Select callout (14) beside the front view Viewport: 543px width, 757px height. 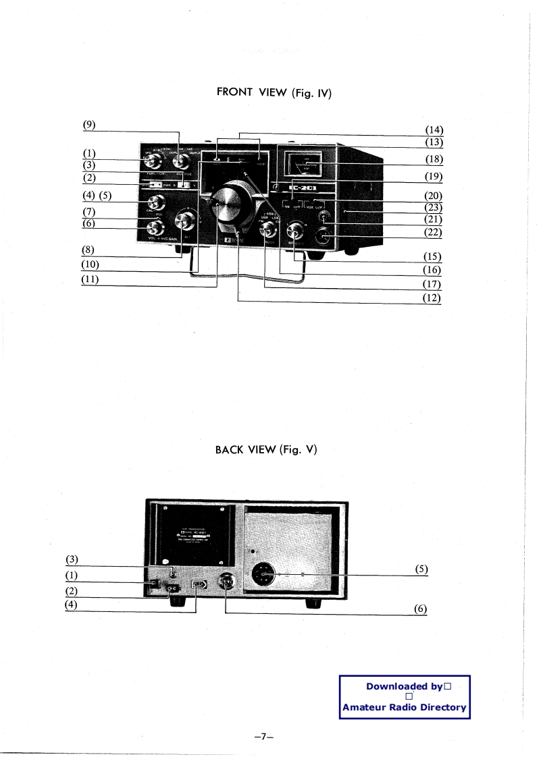click(x=433, y=130)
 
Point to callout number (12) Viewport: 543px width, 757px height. click(x=433, y=297)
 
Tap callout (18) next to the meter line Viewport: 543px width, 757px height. click(x=433, y=159)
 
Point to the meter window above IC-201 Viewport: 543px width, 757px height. click(x=304, y=165)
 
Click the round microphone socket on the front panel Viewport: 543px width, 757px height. click(x=324, y=237)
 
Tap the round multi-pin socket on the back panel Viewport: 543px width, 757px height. click(x=264, y=575)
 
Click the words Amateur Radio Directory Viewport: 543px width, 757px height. click(x=405, y=707)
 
